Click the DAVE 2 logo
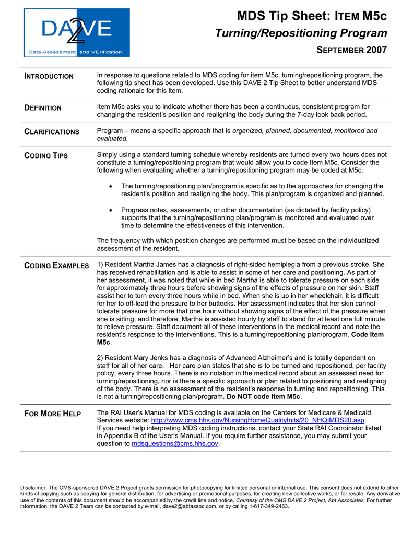click(77, 32)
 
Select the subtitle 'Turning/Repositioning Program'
click(301, 33)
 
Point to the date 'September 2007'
click(352, 50)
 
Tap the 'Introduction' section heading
click(49, 76)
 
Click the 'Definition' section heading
click(43, 108)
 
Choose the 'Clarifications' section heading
click(52, 132)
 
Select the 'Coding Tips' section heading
click(46, 156)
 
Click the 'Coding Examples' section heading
click(56, 266)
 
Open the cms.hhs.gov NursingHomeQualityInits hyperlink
click(257, 420)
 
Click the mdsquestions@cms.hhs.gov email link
click(175, 444)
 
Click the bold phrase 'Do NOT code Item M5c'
click(264, 397)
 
